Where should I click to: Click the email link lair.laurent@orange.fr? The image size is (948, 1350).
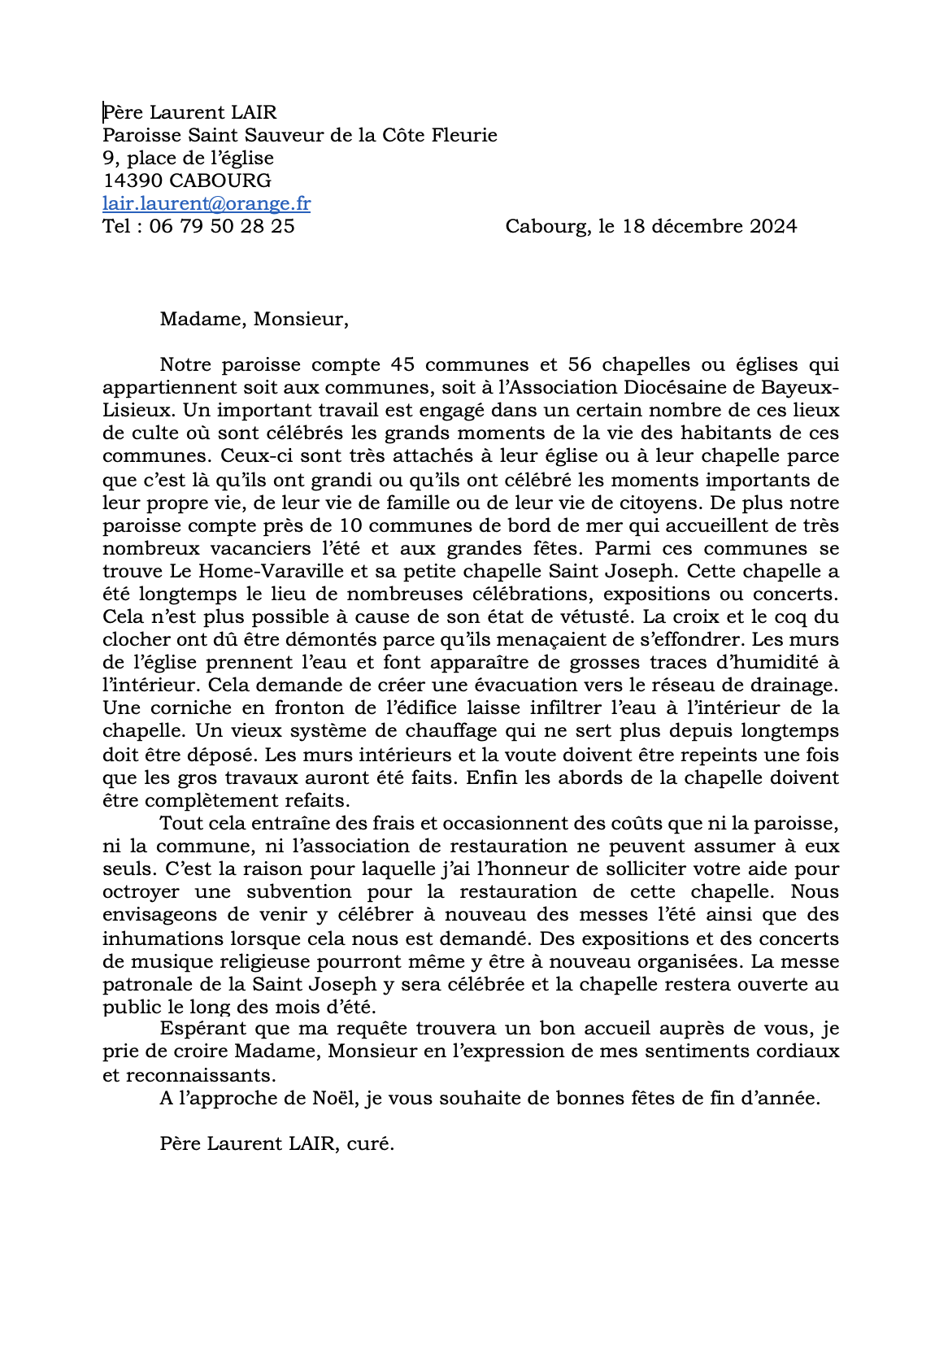coord(207,203)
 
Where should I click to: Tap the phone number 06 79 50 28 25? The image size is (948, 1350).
coord(222,226)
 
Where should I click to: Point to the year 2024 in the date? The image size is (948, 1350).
coord(773,226)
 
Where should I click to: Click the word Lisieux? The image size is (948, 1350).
coord(133,411)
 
